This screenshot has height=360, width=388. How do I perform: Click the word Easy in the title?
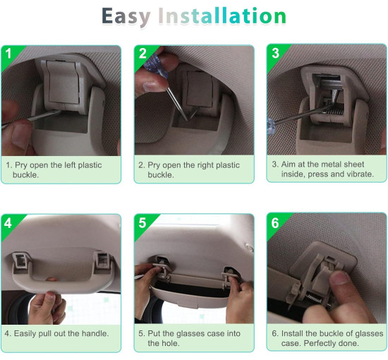pyautogui.click(x=126, y=17)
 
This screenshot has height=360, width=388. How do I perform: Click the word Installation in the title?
pyautogui.click(x=222, y=16)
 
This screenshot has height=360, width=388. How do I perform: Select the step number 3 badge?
pyautogui.click(x=275, y=53)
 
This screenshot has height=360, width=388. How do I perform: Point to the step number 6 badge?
pyautogui.click(x=275, y=223)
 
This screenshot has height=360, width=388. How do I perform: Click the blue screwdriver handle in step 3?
pyautogui.click(x=271, y=126)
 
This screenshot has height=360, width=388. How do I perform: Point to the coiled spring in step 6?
pyautogui.click(x=314, y=298)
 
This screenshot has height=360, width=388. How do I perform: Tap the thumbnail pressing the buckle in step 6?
pyautogui.click(x=340, y=278)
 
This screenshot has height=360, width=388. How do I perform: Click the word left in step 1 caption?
pyautogui.click(x=70, y=165)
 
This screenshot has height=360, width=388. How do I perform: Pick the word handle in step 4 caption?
pyautogui.click(x=95, y=333)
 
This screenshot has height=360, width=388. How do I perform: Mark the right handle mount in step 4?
pyautogui.click(x=102, y=260)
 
